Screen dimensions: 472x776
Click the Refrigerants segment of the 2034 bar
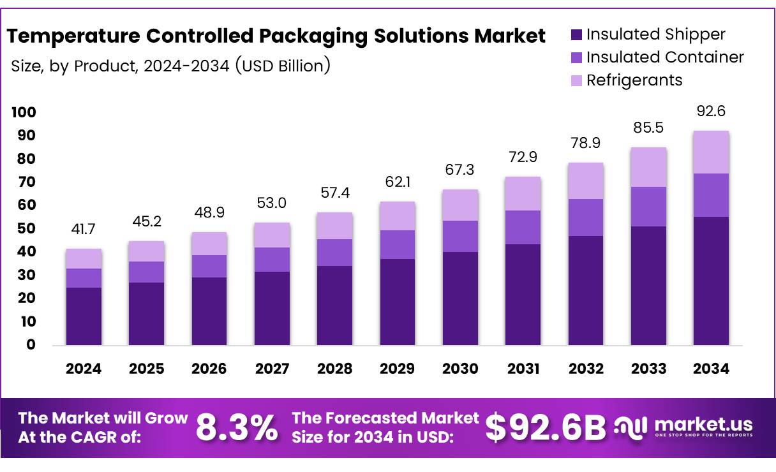pos(711,152)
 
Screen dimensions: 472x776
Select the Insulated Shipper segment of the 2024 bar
pos(84,316)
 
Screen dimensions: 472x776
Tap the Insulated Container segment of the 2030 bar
pos(460,236)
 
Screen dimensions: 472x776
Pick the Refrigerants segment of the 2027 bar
pos(272,235)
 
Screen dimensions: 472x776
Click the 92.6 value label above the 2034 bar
pos(711,111)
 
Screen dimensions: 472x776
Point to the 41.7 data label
pos(84,230)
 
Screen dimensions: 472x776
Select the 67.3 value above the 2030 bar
pos(460,170)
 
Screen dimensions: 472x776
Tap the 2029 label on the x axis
pos(397,369)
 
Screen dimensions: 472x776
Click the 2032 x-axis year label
pos(586,369)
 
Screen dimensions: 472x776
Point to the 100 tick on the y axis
pos(24,112)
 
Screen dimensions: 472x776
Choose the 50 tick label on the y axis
pos(26,228)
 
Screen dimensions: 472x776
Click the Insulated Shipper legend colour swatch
pos(576,34)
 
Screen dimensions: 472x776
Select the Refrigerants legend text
pos(634,80)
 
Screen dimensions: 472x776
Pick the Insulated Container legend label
pos(665,57)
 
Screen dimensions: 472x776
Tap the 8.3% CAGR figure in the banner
pos(237,427)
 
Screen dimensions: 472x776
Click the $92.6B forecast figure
pos(545,427)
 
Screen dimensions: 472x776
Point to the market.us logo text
pos(703,424)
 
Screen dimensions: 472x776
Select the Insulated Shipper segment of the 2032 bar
pos(586,290)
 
